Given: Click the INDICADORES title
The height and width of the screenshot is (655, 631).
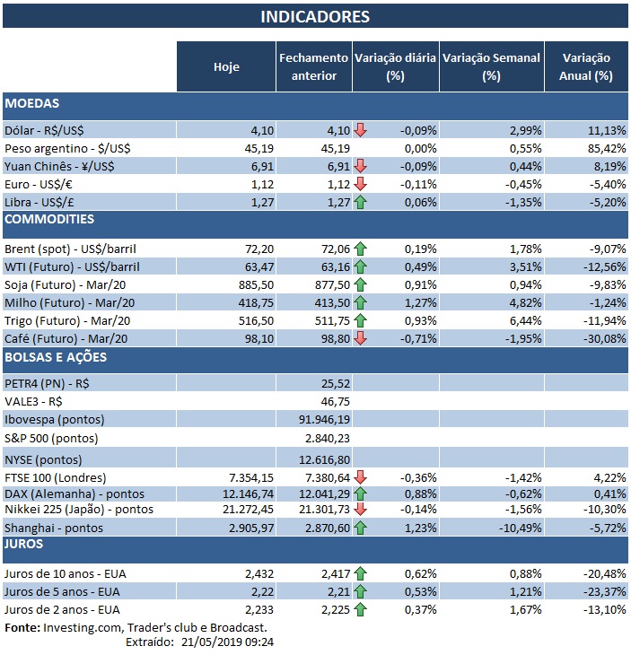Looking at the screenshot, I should tap(314, 16).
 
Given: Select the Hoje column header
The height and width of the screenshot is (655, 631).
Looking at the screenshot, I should tap(226, 66).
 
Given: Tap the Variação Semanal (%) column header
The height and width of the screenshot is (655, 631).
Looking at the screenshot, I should tap(491, 66).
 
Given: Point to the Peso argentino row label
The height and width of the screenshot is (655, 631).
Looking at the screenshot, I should tap(59, 147).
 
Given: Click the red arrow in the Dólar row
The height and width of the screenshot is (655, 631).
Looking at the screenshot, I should tap(361, 130).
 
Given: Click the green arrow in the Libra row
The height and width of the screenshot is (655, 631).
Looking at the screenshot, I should tap(361, 201).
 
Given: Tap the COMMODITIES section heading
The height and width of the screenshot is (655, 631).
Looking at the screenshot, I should tap(48, 219).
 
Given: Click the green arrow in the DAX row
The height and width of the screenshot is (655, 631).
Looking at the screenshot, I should tap(361, 493).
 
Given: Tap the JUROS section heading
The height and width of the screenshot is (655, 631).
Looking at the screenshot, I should tap(25, 544).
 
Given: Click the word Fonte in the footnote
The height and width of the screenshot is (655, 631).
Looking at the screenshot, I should tap(22, 627).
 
